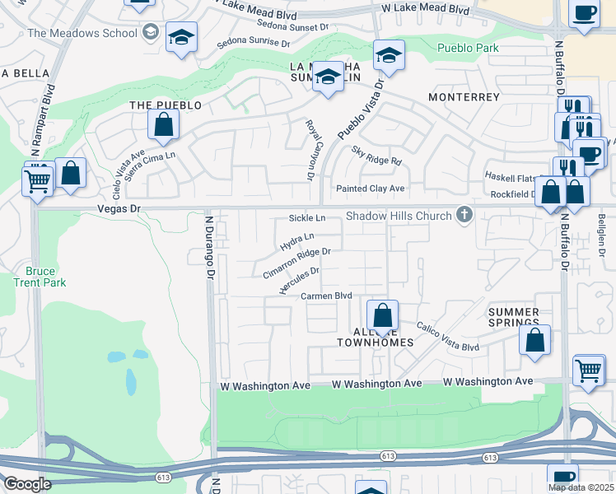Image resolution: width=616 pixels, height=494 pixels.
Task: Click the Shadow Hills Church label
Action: click(399, 216)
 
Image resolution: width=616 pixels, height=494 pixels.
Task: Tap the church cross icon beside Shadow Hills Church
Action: click(464, 216)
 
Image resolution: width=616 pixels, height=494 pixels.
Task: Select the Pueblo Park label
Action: click(468, 49)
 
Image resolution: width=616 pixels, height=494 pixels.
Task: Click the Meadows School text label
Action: click(82, 33)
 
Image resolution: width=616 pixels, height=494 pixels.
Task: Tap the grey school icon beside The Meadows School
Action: click(150, 33)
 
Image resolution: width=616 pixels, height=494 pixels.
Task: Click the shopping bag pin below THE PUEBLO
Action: click(164, 125)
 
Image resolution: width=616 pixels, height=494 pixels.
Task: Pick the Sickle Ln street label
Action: click(307, 218)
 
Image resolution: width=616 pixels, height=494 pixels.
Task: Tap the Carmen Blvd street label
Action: click(326, 296)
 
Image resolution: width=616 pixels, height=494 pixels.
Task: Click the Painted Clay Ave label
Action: click(371, 189)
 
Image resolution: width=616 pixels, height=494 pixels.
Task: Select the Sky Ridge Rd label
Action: click(376, 156)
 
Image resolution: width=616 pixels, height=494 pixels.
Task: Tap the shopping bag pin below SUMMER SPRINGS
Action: click(534, 340)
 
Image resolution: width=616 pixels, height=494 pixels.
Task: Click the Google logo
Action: click(27, 484)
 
